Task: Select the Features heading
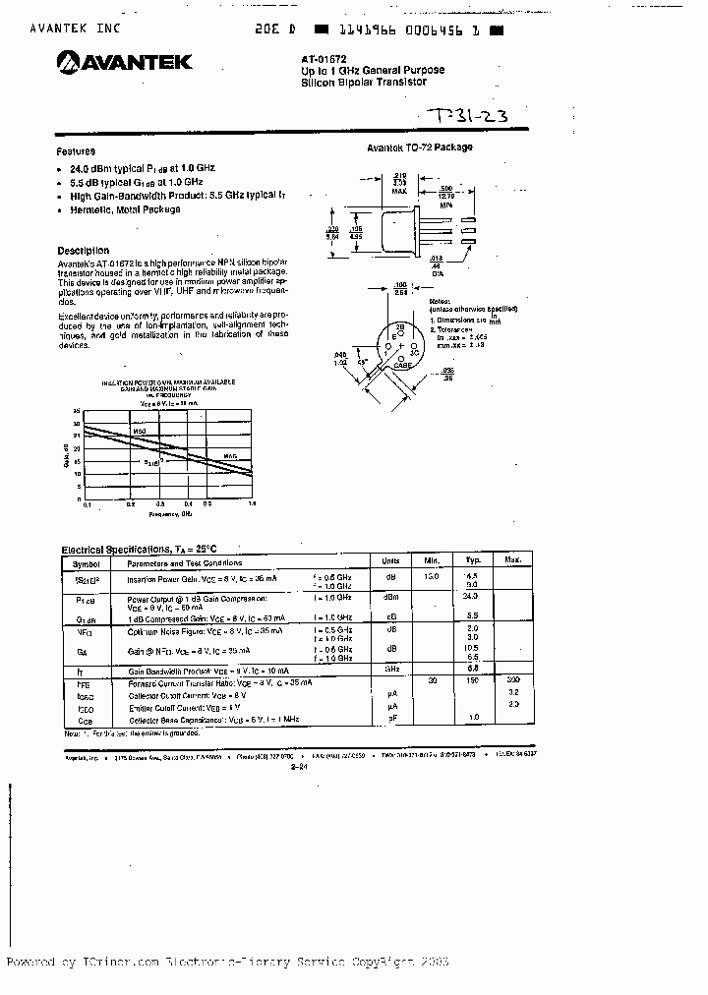click(76, 151)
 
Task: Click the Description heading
click(84, 251)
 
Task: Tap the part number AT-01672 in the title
click(324, 59)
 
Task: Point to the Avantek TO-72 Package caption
click(420, 147)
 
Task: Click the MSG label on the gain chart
click(139, 431)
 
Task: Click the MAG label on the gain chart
click(229, 456)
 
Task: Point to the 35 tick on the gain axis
click(77, 411)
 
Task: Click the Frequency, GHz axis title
click(170, 513)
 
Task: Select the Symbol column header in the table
click(87, 562)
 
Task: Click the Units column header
click(390, 560)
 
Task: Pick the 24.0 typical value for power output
click(470, 596)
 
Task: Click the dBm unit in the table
click(390, 597)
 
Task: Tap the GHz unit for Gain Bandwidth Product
click(390, 668)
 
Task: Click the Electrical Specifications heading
click(139, 550)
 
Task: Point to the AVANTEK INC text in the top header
click(75, 29)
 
